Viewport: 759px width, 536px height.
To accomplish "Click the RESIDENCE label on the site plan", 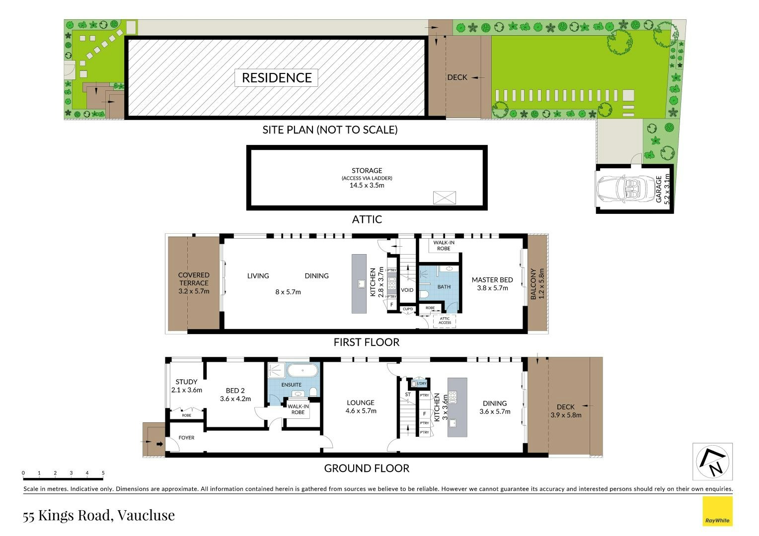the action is [277, 78].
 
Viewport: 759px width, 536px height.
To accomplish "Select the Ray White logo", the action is [717, 511].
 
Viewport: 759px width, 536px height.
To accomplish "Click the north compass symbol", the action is [712, 461].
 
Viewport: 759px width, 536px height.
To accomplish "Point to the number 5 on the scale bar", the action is [103, 472].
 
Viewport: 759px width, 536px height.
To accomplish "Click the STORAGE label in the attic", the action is [367, 170].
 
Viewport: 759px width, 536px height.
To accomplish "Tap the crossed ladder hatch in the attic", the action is [444, 198].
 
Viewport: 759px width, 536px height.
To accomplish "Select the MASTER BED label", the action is [492, 280].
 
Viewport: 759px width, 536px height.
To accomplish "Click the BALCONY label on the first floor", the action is [533, 284].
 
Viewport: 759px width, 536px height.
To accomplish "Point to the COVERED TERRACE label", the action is [194, 278].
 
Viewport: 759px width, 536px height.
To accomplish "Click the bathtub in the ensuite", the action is [302, 370].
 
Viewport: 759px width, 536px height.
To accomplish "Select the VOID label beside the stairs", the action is [407, 290].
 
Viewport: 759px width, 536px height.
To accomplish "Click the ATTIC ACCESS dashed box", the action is [445, 320].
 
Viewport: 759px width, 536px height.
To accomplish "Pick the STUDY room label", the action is [186, 382].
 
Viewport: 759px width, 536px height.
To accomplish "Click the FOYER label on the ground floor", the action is [186, 437].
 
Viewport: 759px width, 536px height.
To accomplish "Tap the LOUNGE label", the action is [361, 402].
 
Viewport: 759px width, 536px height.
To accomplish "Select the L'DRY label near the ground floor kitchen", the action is [422, 383].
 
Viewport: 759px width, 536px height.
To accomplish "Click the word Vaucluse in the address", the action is [146, 515].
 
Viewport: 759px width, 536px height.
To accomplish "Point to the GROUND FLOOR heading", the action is [367, 469].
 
